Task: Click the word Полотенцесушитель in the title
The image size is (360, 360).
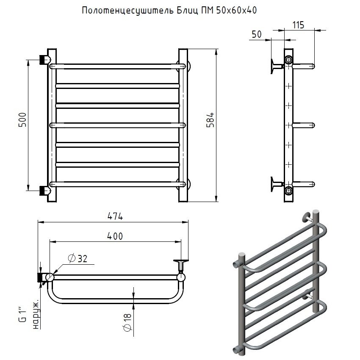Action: coord(128,11)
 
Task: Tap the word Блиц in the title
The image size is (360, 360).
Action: coord(187,11)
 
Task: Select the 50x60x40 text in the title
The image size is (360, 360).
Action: coord(236,10)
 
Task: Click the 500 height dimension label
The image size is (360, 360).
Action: coord(23,119)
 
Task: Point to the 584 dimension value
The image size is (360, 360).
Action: coord(210,119)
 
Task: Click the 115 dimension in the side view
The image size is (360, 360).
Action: coord(298,25)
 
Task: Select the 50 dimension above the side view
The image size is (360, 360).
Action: coord(257,34)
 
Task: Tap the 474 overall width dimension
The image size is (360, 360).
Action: coord(115,216)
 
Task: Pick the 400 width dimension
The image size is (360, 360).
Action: coord(115,236)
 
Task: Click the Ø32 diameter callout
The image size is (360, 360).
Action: coord(78,258)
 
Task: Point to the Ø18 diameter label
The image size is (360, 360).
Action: coord(127,322)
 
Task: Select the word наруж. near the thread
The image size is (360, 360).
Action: coord(36,314)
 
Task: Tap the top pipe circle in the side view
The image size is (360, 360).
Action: coord(288,60)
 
